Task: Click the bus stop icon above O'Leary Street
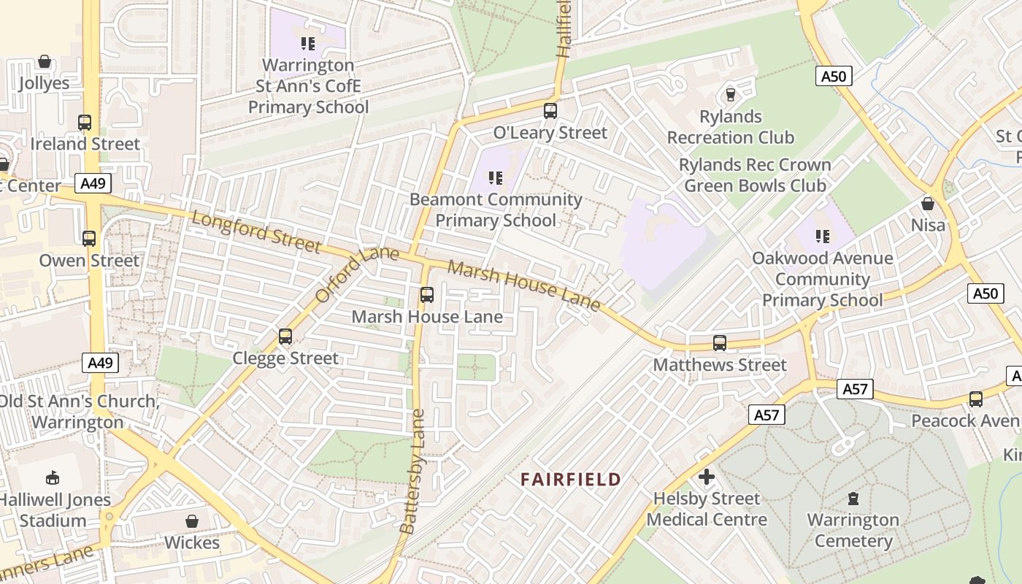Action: pyautogui.click(x=550, y=111)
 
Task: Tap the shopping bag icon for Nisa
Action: pyautogui.click(x=928, y=204)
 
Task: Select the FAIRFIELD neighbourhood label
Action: pyautogui.click(x=570, y=480)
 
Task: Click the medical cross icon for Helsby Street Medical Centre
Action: pyautogui.click(x=706, y=477)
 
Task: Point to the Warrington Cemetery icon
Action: pyautogui.click(x=853, y=499)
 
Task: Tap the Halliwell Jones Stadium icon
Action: pyautogui.click(x=53, y=479)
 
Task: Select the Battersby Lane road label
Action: pyautogui.click(x=412, y=471)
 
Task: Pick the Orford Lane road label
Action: pyautogui.click(x=357, y=274)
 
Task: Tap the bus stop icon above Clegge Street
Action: pyautogui.click(x=285, y=337)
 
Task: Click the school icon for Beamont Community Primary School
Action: pyautogui.click(x=496, y=177)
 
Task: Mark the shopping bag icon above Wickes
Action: pyautogui.click(x=192, y=521)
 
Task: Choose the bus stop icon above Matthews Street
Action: pyautogui.click(x=720, y=343)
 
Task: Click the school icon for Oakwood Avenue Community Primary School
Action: pyautogui.click(x=823, y=237)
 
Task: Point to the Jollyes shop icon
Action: pyautogui.click(x=45, y=61)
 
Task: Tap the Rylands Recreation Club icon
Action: pyautogui.click(x=729, y=95)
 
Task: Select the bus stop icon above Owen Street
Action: pyautogui.click(x=89, y=239)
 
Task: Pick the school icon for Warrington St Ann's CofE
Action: pyautogui.click(x=308, y=44)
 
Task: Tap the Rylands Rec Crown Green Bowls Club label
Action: pyautogui.click(x=755, y=175)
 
